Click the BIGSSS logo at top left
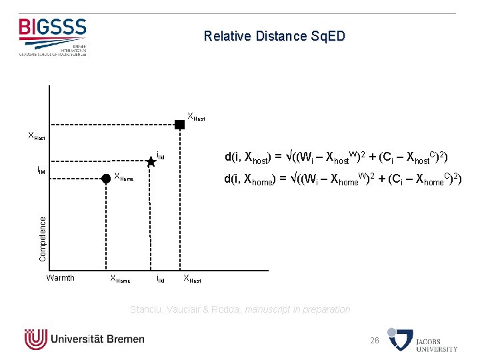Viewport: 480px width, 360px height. click(53, 36)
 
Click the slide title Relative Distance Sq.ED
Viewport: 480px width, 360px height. click(275, 36)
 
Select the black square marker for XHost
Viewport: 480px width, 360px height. click(179, 124)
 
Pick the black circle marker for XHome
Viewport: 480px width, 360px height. click(105, 178)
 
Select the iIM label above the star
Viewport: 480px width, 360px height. click(160, 157)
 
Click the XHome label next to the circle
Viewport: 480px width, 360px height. click(124, 177)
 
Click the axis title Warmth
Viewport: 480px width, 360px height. click(60, 278)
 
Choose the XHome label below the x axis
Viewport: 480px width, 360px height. click(120, 279)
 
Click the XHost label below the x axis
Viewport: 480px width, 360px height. click(192, 279)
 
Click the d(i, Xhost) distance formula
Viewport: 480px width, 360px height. click(336, 158)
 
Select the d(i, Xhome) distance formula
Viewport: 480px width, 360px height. click(342, 179)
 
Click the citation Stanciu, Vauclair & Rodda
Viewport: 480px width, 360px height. click(240, 309)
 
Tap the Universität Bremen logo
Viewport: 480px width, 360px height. click(85, 339)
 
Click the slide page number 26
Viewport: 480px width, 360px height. click(375, 341)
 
